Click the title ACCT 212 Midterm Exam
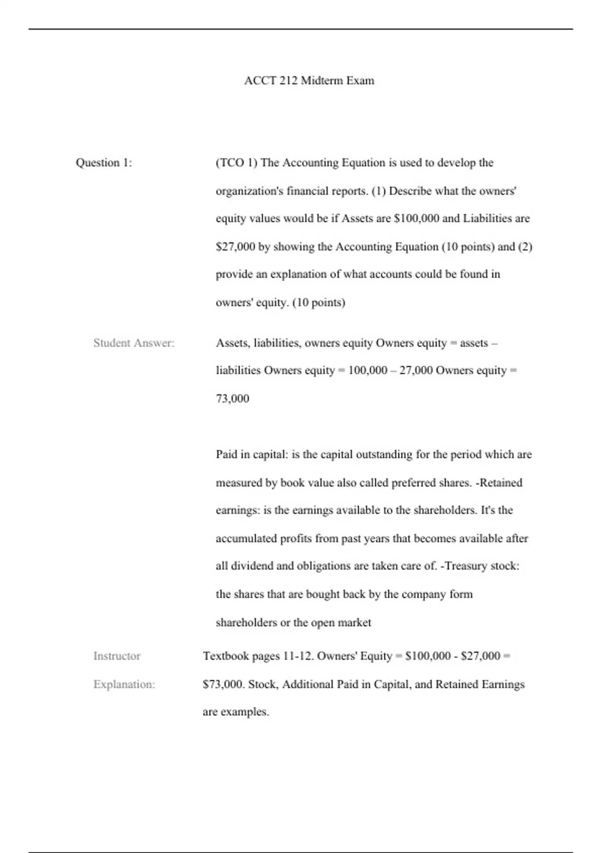[x=309, y=81]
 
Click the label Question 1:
[x=104, y=163]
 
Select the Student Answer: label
[x=134, y=343]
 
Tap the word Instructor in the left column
[x=117, y=656]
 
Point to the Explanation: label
[x=124, y=684]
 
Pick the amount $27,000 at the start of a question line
[x=235, y=247]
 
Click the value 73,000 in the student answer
[x=232, y=399]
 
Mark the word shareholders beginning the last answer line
[x=246, y=623]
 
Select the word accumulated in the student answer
[x=246, y=538]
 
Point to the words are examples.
[x=236, y=712]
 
